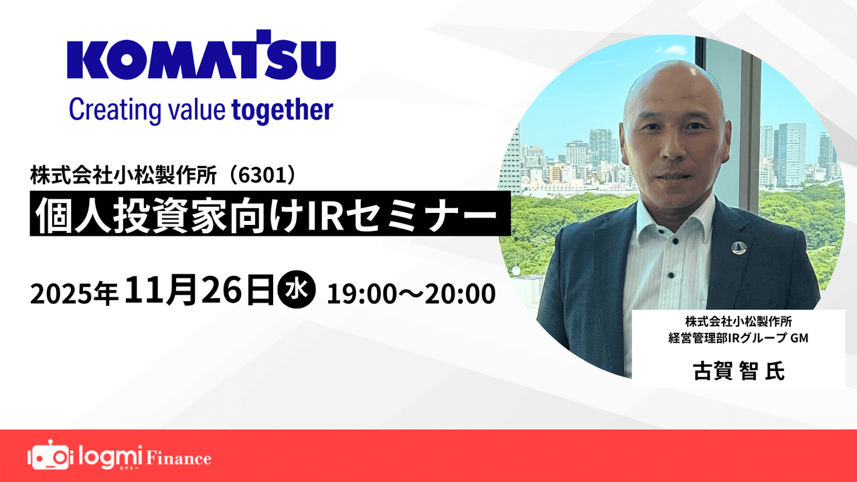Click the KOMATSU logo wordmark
202,55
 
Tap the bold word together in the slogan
283,110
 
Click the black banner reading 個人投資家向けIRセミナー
270,214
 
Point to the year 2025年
74,294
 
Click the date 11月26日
200,291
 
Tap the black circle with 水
297,291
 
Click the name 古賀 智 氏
738,370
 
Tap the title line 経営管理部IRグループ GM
738,338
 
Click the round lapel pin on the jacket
737,247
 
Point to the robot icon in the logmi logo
48,456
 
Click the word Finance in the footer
179,459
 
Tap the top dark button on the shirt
675,242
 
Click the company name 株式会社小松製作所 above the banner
124,176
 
